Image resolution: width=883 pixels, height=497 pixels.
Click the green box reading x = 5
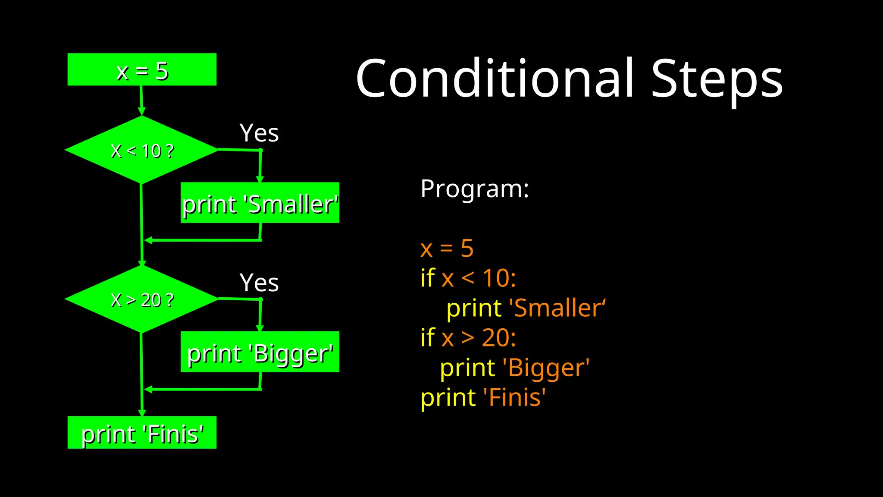pyautogui.click(x=142, y=69)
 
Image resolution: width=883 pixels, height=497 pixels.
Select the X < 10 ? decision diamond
pyautogui.click(x=141, y=150)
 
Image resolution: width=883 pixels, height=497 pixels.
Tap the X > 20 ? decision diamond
pyautogui.click(x=141, y=299)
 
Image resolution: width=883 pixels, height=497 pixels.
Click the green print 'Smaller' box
pyautogui.click(x=260, y=203)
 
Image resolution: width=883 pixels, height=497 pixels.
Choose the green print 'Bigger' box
pyautogui.click(x=260, y=352)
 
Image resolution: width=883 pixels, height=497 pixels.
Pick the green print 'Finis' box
pyautogui.click(x=142, y=433)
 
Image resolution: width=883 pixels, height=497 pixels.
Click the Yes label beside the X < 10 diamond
pyautogui.click(x=259, y=133)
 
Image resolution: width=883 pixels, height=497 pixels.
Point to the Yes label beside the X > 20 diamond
pyautogui.click(x=259, y=283)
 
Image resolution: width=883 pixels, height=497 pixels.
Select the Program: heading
pyautogui.click(x=474, y=189)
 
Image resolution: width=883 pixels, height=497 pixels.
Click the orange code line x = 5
pyautogui.click(x=447, y=248)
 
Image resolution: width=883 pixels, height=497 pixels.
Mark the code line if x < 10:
pyautogui.click(x=468, y=278)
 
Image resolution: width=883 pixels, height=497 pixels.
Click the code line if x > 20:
pyautogui.click(x=468, y=338)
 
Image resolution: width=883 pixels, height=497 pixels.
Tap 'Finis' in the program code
pyautogui.click(x=514, y=397)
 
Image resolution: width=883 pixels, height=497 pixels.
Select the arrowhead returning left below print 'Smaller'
pyautogui.click(x=148, y=240)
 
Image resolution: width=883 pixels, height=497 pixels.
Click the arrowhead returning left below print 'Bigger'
pyautogui.click(x=148, y=390)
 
